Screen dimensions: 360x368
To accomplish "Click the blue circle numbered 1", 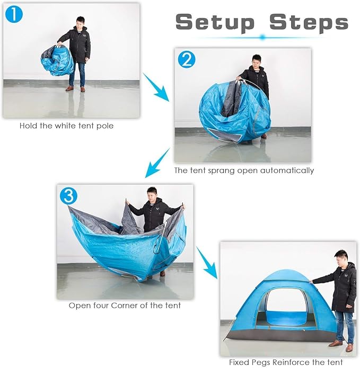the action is [14, 14].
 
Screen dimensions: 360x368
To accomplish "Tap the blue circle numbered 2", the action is [186, 60].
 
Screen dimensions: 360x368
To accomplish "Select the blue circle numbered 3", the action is [68, 196].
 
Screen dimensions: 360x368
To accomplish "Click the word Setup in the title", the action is [215, 22].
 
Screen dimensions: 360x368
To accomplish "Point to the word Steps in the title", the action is [309, 22].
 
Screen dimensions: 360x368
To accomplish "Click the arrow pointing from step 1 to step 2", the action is [156, 87].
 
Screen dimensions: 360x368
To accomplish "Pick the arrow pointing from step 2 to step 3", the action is [157, 163].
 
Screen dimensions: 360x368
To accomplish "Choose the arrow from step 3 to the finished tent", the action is [207, 263].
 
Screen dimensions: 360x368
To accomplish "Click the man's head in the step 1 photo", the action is [80, 23].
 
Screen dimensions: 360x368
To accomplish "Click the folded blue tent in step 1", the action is [58, 60].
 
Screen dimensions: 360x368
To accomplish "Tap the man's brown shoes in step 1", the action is [75, 89].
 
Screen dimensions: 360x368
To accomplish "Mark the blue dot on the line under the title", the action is [263, 37].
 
